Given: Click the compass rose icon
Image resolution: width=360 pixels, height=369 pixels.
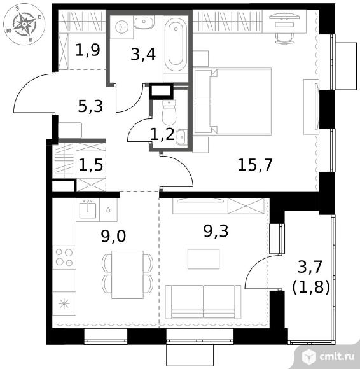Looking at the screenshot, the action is coord(24,25).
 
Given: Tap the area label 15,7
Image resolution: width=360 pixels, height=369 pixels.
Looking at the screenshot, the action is coord(255,165).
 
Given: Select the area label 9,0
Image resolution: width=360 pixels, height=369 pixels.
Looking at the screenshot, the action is coord(113,236).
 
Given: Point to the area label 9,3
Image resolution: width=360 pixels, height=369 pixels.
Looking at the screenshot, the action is coord(216,231).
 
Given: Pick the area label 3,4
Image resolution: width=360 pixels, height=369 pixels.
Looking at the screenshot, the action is coord(143,54).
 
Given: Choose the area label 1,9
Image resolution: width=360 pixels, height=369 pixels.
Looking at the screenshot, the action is coord(88,50).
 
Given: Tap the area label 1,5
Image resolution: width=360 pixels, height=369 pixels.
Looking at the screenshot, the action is coord(91,165).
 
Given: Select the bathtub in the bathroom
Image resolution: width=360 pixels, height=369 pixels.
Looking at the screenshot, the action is coord(176,45).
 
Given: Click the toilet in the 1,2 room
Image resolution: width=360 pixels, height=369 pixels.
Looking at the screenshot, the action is coord(169,112).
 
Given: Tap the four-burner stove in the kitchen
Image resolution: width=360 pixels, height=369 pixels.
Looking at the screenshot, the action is coord(64,258).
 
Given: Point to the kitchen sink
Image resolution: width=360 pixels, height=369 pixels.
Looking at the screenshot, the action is coord(88,210).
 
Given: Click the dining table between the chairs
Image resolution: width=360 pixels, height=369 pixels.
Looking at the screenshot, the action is coord(128,275).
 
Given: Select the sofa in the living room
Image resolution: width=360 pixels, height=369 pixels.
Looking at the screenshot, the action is coord(203,302).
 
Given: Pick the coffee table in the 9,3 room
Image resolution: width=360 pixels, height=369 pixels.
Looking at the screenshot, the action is coord(204,259).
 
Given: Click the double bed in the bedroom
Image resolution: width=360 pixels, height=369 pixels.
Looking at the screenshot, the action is coord(233,101).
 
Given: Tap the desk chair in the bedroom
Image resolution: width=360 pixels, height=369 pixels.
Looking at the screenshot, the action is coord(284,38).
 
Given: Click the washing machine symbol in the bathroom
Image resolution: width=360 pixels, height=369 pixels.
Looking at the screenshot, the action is coord(121,27).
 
